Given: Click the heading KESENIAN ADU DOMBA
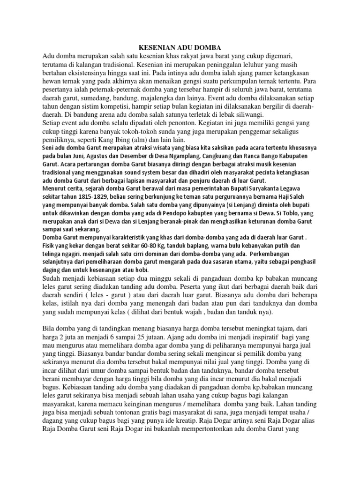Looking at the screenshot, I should [180, 47].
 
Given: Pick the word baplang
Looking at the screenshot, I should [198, 245].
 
